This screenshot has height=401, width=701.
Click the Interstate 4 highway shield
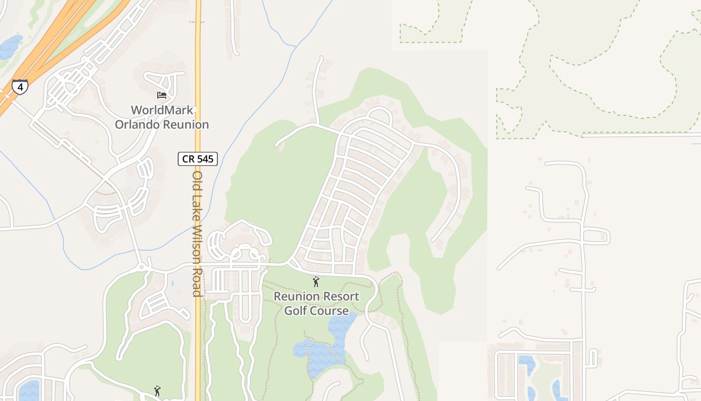[20, 87]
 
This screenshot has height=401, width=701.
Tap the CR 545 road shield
[198, 159]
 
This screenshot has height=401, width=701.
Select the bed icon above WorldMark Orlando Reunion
[161, 95]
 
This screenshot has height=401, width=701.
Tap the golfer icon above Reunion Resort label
[316, 282]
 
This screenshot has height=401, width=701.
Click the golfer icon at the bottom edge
[158, 391]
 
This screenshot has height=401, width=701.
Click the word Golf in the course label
[295, 311]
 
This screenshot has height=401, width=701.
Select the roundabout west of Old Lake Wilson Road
[142, 267]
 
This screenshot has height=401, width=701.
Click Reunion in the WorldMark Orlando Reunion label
[184, 124]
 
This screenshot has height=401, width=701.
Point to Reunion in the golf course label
[295, 296]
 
